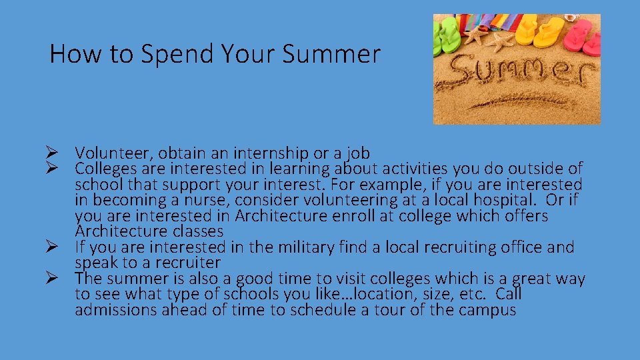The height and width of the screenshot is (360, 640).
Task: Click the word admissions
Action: (115, 310)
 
